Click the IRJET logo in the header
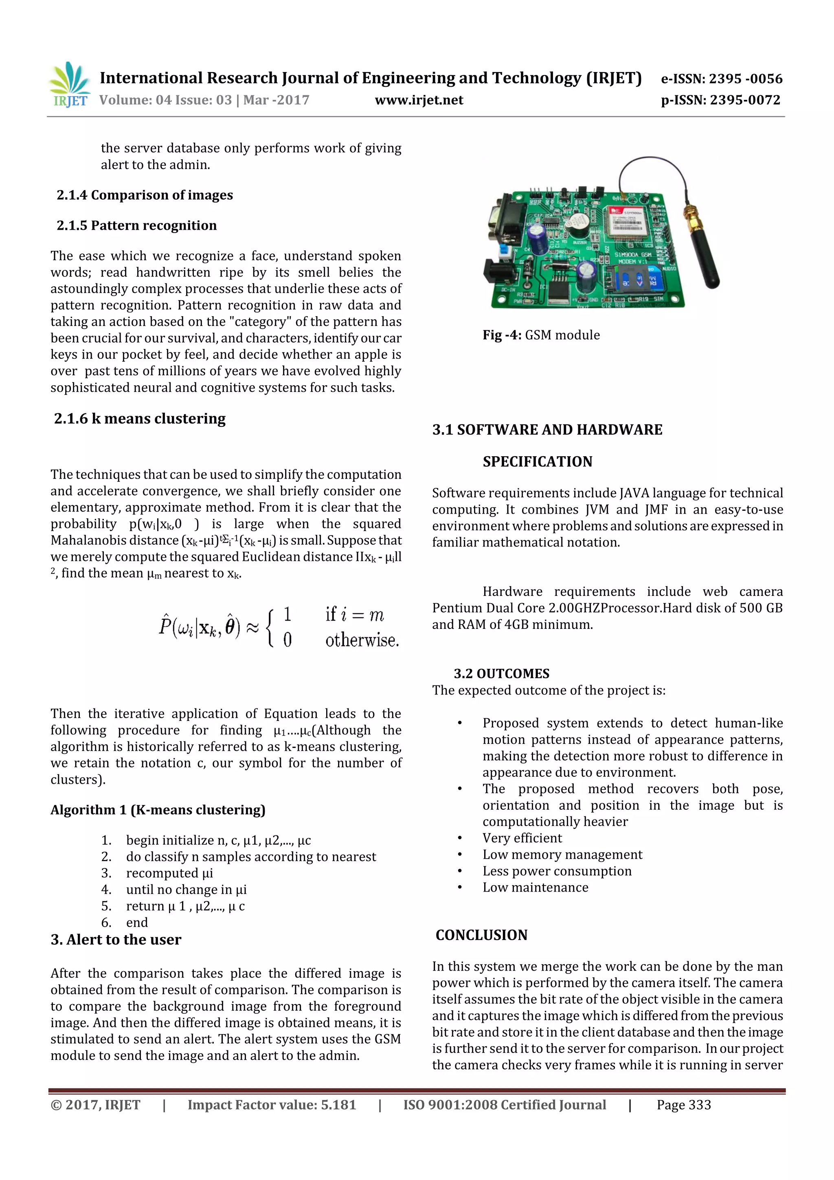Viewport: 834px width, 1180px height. (69, 85)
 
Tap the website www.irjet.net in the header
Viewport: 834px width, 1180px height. (419, 100)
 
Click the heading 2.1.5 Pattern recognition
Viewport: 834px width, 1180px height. (137, 226)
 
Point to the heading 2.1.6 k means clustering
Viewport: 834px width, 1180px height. (140, 418)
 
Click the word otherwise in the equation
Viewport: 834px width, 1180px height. (362, 640)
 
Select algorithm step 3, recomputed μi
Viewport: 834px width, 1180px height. (169, 873)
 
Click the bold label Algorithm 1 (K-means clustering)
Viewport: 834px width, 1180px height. (158, 810)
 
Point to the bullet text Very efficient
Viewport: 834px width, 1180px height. (522, 838)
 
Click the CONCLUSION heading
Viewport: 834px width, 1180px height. (481, 935)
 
